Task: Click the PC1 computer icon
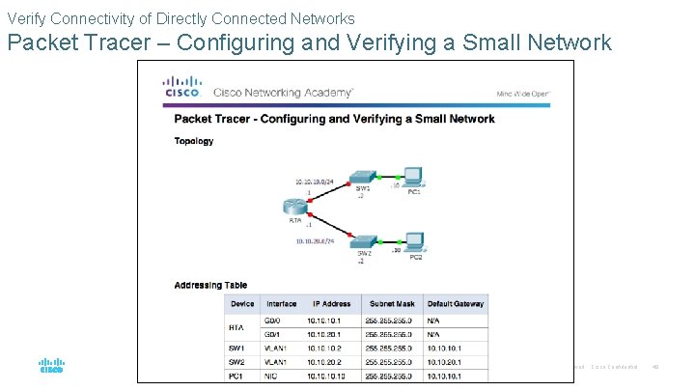(413, 177)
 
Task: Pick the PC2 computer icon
(415, 241)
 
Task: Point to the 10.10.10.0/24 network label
(315, 181)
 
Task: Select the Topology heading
(194, 141)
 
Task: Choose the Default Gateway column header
(455, 303)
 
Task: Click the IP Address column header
(331, 303)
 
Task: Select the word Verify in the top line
(25, 18)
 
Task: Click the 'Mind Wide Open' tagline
(522, 94)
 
